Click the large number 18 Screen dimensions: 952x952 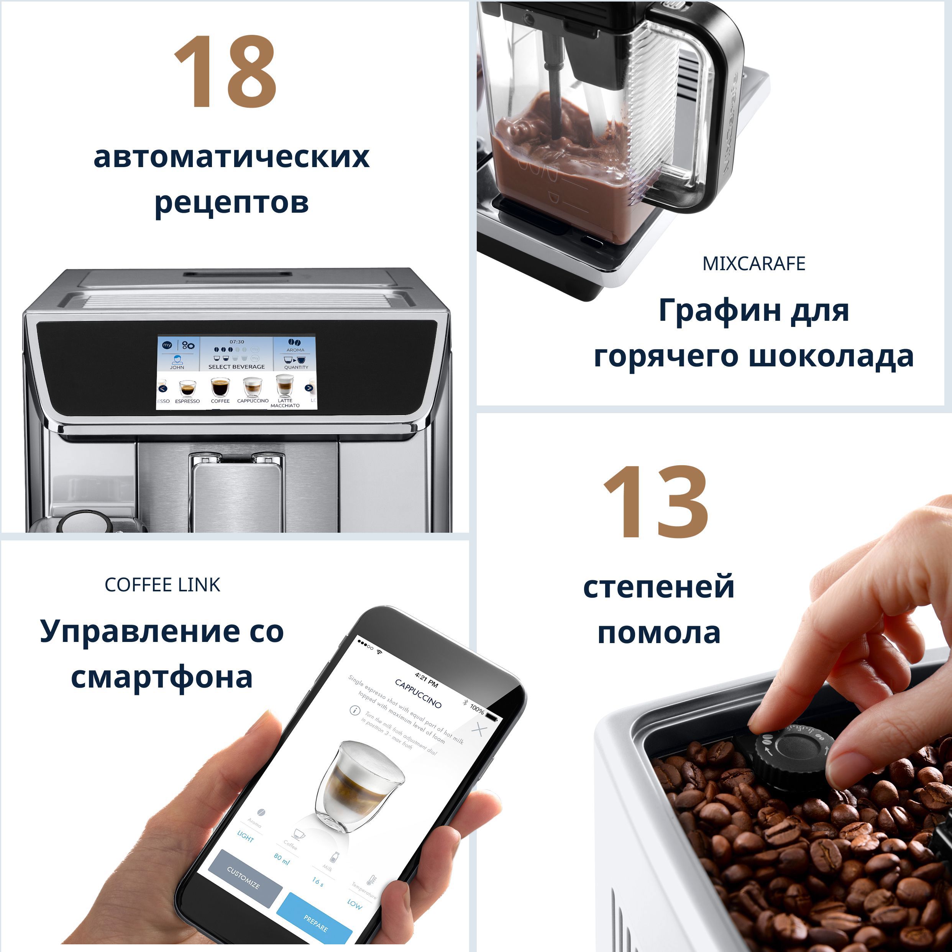coord(225,72)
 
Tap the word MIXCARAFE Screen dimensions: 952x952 coord(753,264)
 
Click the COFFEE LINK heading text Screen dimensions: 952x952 coord(162,585)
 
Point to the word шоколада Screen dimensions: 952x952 coord(831,356)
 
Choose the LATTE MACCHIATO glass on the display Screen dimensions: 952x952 coord(285,385)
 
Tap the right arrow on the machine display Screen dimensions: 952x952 coord(309,388)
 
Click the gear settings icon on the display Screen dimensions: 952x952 coord(188,345)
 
